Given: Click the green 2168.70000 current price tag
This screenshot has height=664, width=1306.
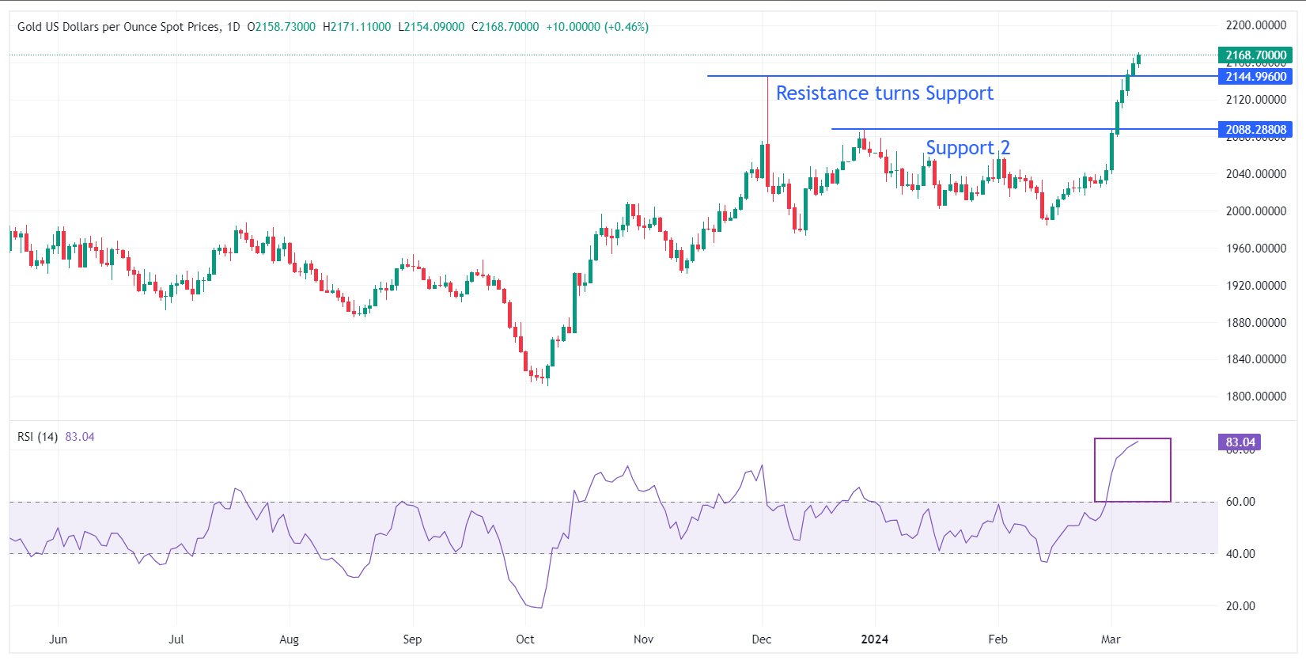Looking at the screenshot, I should coord(1255,55).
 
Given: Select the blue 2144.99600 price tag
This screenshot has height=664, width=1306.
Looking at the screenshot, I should coord(1255,77).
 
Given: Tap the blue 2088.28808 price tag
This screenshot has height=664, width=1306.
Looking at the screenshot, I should coord(1255,130).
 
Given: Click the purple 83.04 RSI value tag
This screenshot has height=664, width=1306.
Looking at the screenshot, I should coord(1240,442).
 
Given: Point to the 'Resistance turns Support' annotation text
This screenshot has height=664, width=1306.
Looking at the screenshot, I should coord(884,93).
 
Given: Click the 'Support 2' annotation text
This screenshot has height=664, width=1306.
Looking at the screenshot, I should coord(967,148).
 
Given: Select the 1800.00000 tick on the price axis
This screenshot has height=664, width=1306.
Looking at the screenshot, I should coord(1255,397).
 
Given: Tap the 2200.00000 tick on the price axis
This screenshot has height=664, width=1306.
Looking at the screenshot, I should coord(1255,25).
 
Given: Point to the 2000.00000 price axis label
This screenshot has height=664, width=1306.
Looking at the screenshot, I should coord(1255,211).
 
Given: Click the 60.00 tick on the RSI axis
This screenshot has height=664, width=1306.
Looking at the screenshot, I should coord(1240,502).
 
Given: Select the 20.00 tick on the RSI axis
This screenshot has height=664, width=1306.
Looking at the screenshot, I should coord(1240,606).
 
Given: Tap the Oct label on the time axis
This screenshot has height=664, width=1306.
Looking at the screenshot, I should coord(525,639).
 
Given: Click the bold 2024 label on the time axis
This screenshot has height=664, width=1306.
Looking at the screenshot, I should coord(875,639).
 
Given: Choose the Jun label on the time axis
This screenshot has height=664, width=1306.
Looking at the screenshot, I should coord(58,639).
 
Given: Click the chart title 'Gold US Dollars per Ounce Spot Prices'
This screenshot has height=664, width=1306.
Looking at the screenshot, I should coord(119,27).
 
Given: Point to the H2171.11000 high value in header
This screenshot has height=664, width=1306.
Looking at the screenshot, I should coord(357,27).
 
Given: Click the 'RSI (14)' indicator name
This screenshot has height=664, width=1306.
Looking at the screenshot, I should coord(37,437).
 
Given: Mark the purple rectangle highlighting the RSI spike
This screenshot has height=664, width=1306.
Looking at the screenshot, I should coord(1132,470).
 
